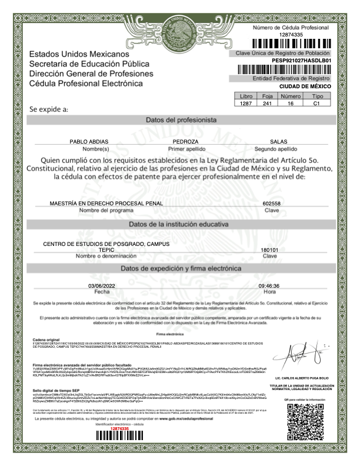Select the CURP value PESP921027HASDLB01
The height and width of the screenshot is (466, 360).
tap(302, 60)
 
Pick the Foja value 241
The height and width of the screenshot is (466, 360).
tap(266, 104)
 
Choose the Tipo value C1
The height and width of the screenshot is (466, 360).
tap(316, 104)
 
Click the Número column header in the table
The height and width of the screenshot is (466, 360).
tap(291, 96)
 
